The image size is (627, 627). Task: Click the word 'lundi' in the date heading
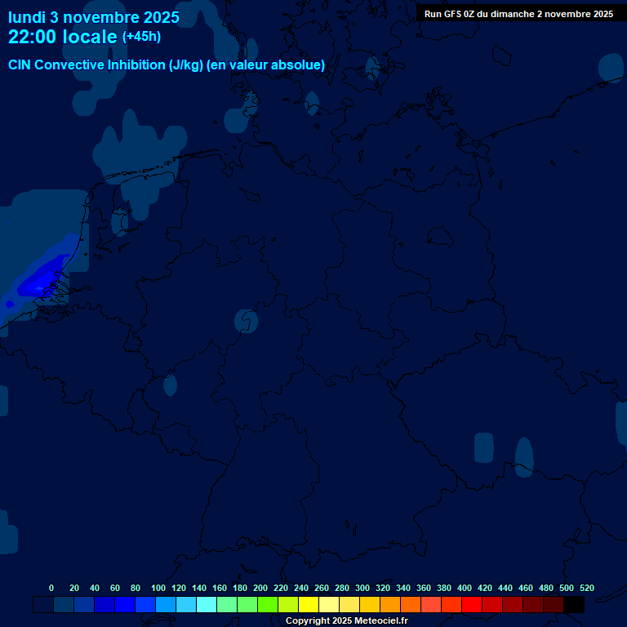(x=27, y=16)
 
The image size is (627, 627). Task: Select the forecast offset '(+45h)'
(x=141, y=37)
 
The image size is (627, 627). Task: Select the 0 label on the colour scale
(x=51, y=588)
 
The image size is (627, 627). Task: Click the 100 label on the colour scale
(x=158, y=588)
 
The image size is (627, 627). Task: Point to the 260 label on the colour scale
(x=322, y=588)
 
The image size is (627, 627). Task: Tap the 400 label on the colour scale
(x=465, y=588)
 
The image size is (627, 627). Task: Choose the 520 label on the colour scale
(x=587, y=588)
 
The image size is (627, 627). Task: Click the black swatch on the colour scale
(x=574, y=605)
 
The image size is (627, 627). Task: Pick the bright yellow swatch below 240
(x=309, y=605)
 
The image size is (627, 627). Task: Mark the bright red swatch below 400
(x=472, y=605)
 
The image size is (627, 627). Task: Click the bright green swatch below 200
(x=268, y=605)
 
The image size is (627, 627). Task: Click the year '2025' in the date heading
(x=151, y=16)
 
